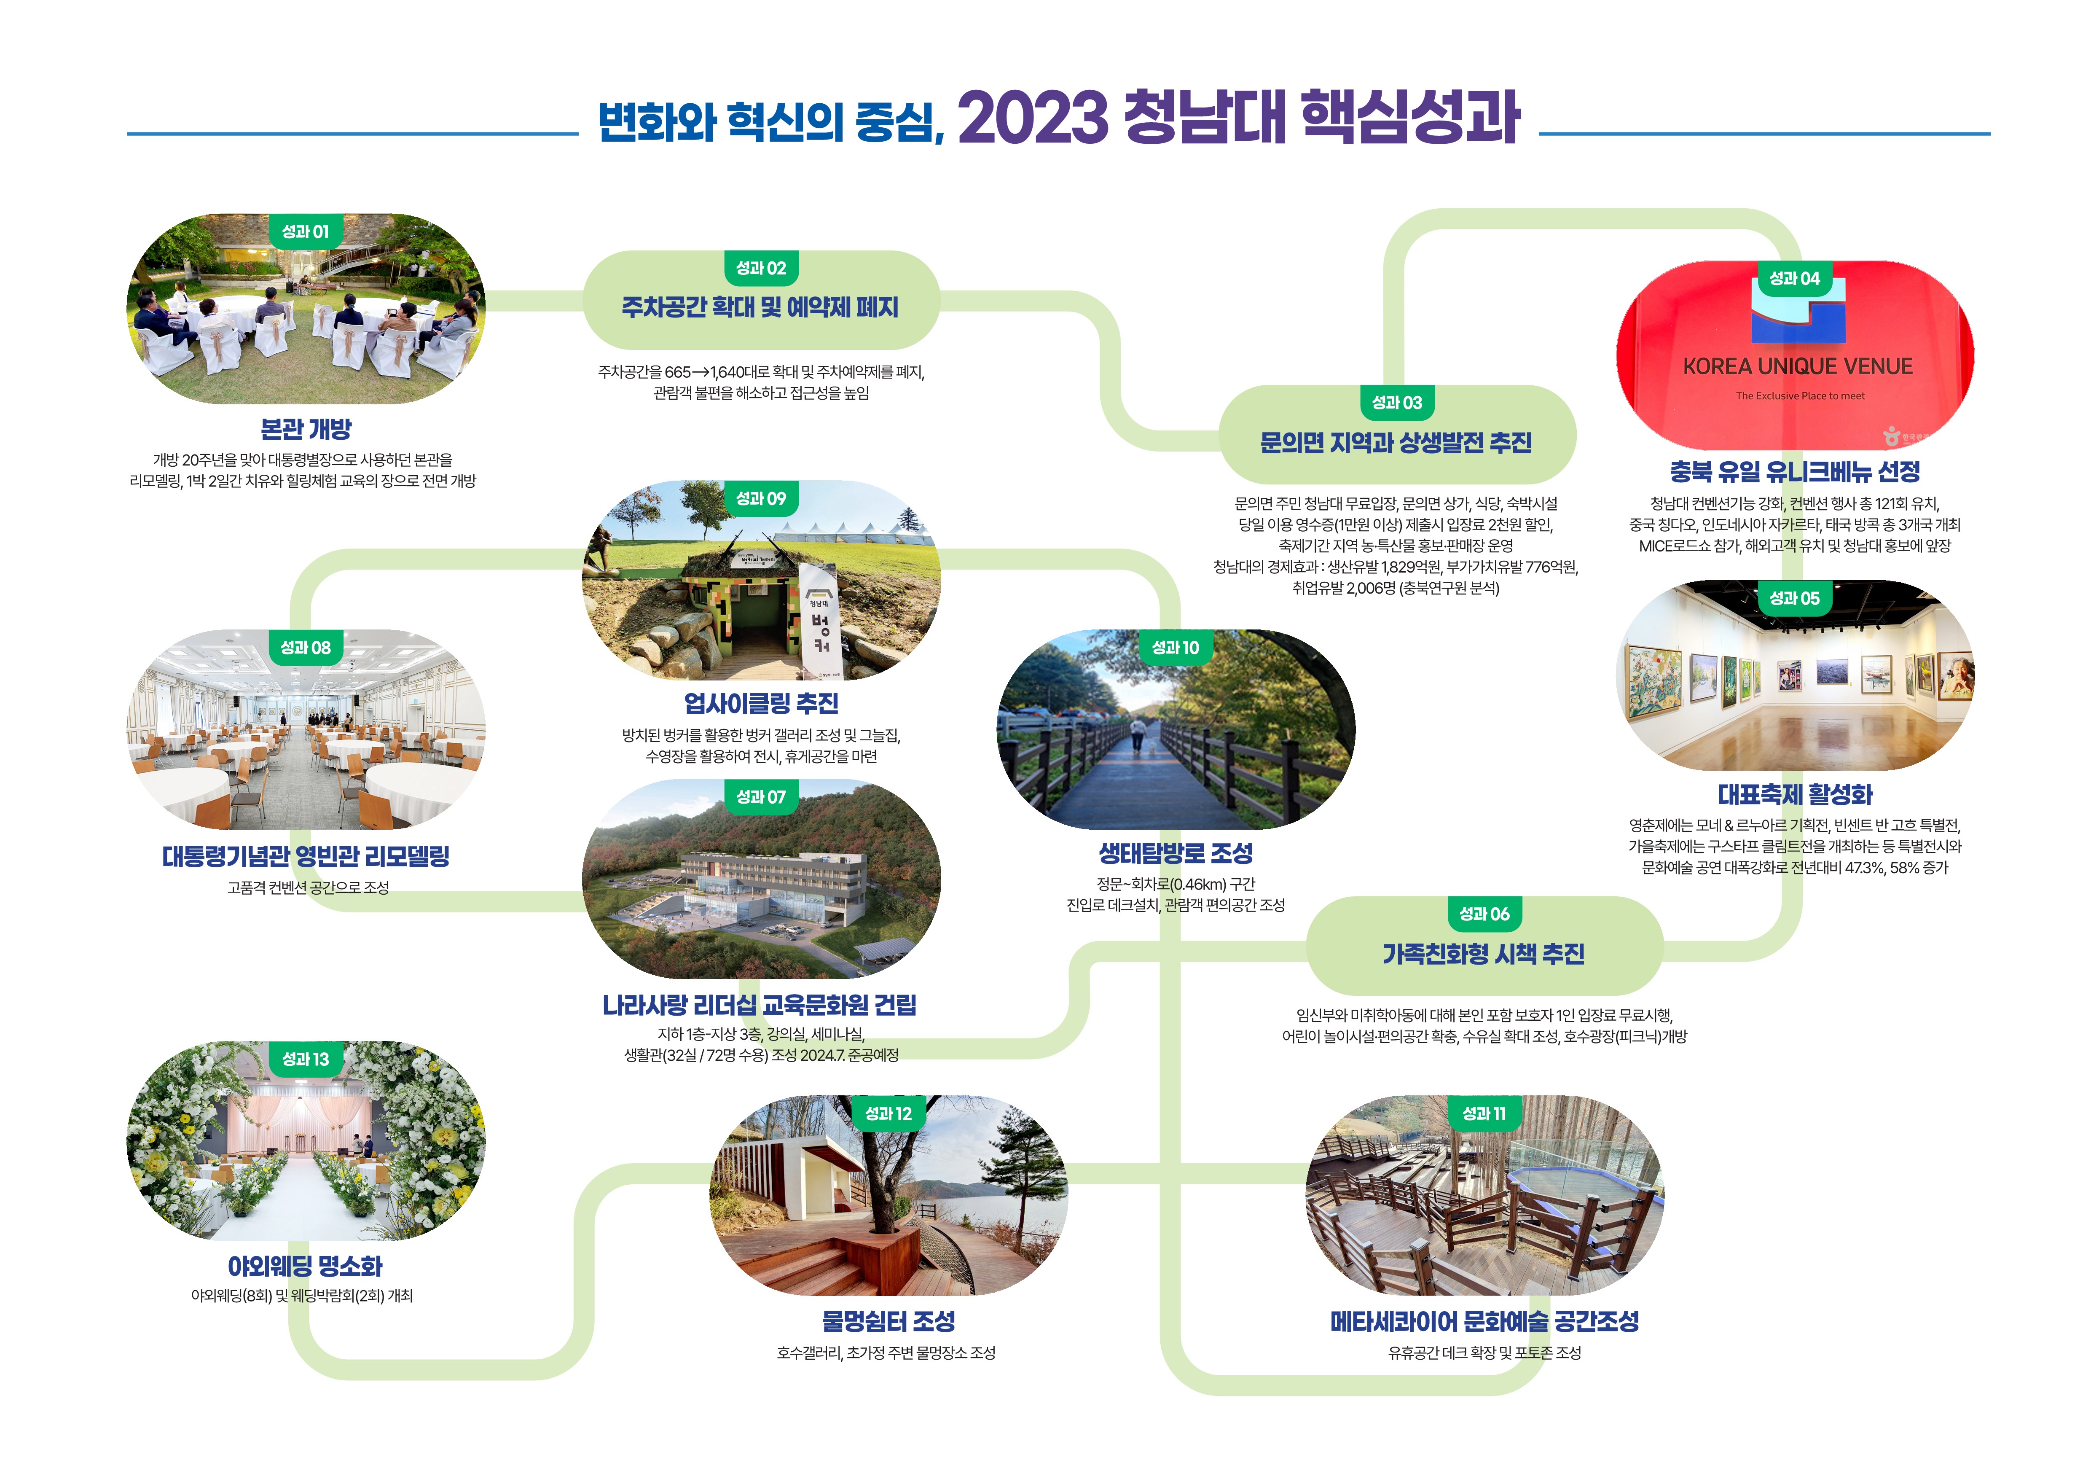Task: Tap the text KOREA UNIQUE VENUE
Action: (x=1797, y=367)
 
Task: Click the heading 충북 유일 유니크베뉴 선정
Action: (x=1794, y=472)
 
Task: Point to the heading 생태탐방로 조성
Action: (x=1175, y=853)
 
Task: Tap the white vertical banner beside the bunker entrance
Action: (x=818, y=619)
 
